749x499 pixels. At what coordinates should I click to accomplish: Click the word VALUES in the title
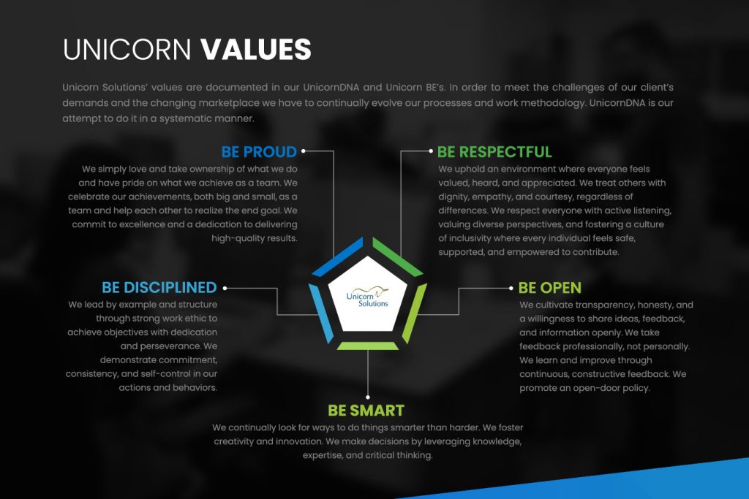click(x=255, y=49)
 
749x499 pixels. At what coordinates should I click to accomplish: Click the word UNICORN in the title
click(x=127, y=49)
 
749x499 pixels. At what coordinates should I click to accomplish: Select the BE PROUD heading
click(x=259, y=152)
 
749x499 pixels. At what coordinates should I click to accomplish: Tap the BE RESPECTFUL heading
click(x=494, y=152)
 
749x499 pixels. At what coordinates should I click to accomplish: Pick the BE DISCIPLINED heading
click(x=159, y=287)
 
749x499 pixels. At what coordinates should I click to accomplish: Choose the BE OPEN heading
click(x=550, y=288)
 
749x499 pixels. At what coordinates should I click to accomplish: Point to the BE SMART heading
click(x=366, y=411)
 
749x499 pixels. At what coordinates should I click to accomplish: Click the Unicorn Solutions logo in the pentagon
click(x=367, y=297)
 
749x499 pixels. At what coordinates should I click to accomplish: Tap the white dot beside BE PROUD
click(x=304, y=151)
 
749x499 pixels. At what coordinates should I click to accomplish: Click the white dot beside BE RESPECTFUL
click(x=431, y=151)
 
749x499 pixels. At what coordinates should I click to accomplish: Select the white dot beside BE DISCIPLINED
click(x=225, y=288)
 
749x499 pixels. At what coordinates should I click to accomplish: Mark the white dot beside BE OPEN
click(x=511, y=288)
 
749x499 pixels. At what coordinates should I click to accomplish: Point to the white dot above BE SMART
click(x=368, y=397)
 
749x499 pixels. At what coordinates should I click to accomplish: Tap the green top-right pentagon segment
click(x=397, y=257)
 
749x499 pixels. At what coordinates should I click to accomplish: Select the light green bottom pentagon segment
click(x=368, y=346)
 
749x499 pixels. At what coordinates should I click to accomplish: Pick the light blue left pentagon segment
click(x=321, y=313)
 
